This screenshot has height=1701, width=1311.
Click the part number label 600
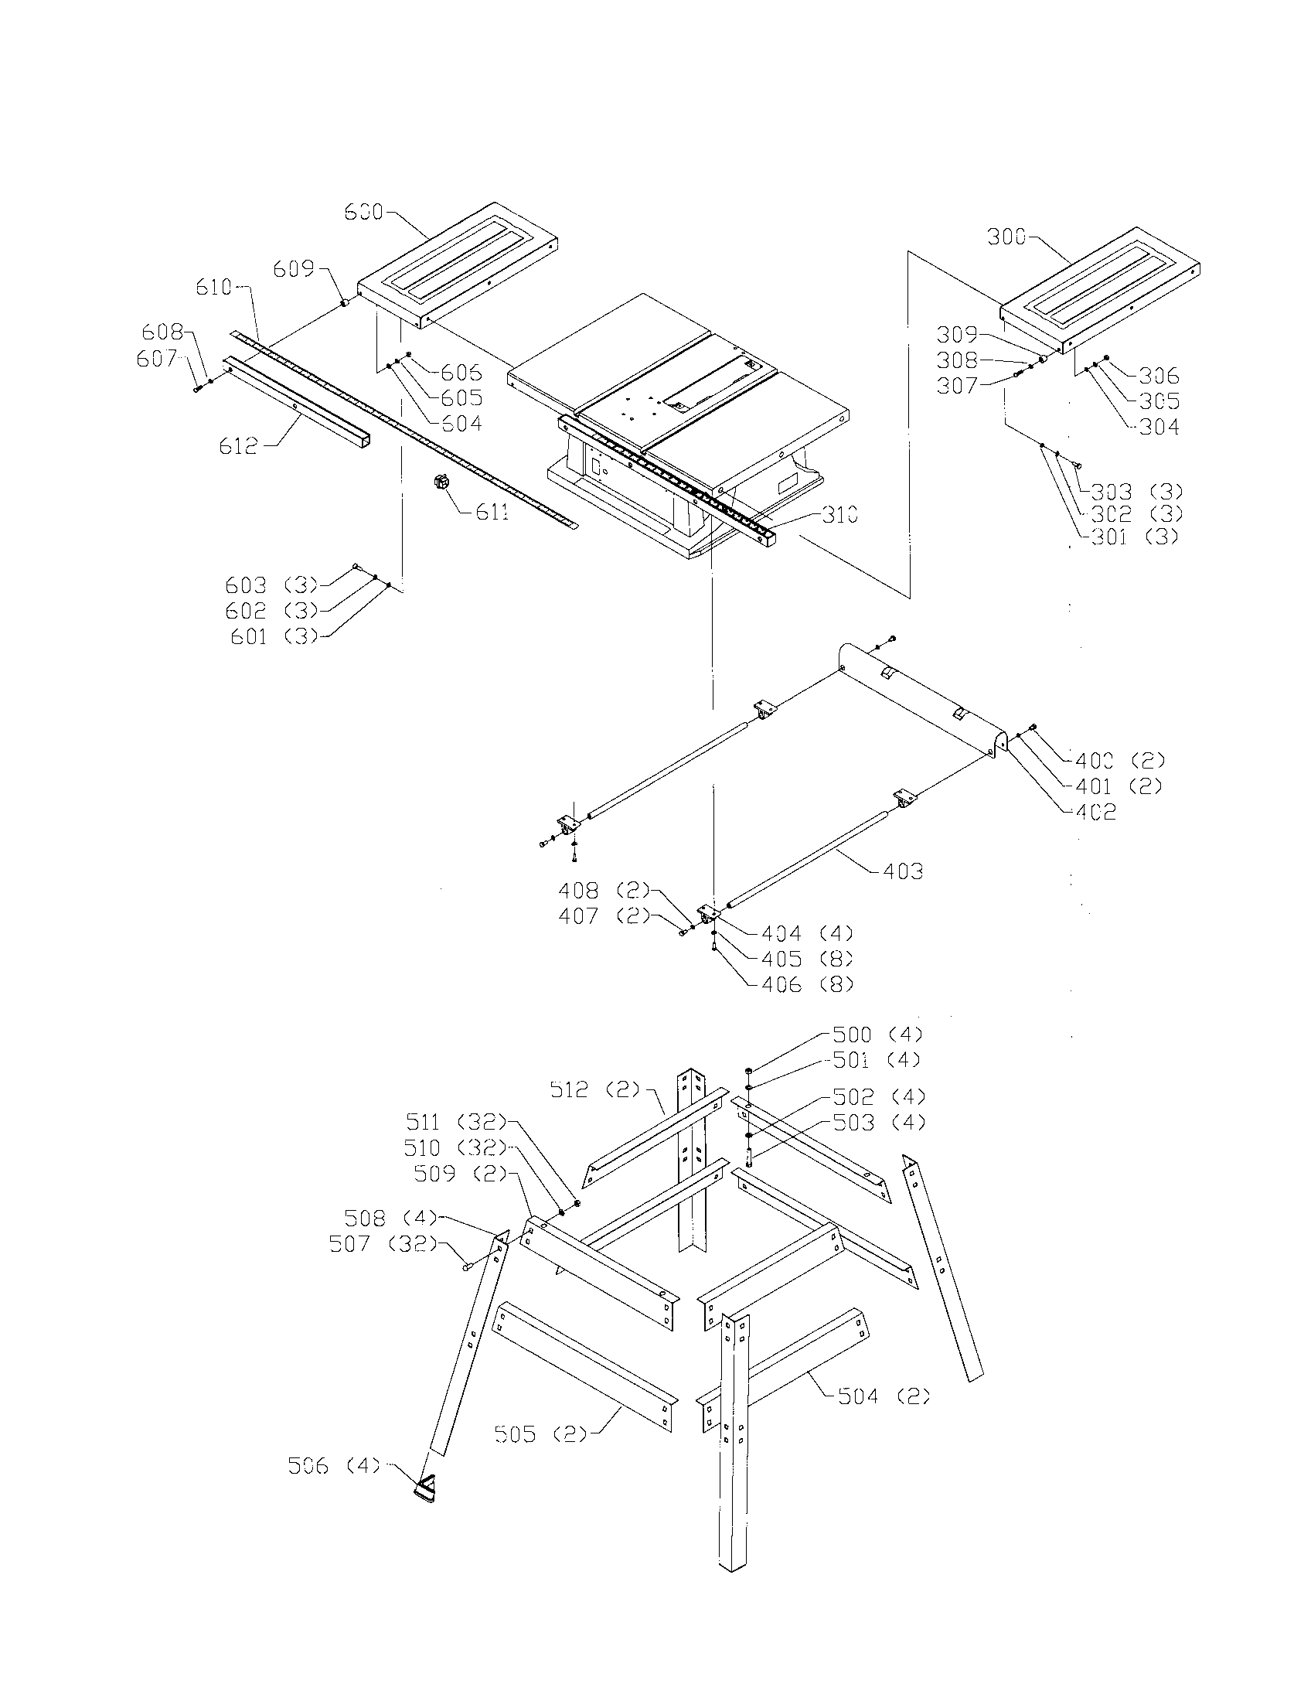coord(363,212)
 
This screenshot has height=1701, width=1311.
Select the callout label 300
coord(1007,237)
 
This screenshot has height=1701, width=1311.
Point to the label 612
coord(239,446)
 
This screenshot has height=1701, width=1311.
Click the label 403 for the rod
coord(903,871)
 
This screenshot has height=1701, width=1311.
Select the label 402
coord(1095,812)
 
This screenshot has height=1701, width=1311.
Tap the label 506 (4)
coord(333,1466)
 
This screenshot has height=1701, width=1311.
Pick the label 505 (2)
coord(541,1433)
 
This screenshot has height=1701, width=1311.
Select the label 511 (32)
coord(455,1122)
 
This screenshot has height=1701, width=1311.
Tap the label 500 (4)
coord(877,1035)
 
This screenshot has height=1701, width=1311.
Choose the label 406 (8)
coord(807,984)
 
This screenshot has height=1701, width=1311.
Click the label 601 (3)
coord(275,636)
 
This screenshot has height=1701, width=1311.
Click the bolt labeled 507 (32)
coord(467,1267)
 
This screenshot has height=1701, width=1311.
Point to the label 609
coord(294,269)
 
